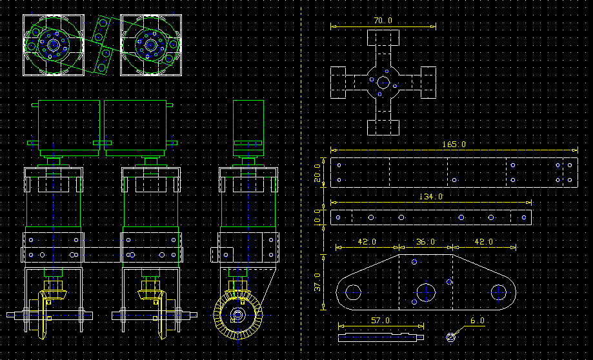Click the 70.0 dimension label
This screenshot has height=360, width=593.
click(383, 21)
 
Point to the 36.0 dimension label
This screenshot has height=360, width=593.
click(425, 242)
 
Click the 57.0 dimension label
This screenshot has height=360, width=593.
click(381, 321)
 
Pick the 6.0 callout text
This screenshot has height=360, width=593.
click(477, 321)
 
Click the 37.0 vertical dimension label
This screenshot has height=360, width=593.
click(317, 282)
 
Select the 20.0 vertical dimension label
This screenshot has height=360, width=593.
click(317, 173)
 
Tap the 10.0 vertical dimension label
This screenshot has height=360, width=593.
click(317, 217)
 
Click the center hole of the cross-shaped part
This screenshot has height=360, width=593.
click(383, 82)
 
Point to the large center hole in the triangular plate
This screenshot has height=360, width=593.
click(426, 292)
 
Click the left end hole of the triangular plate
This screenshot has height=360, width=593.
click(353, 292)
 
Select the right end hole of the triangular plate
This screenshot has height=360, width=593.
click(498, 292)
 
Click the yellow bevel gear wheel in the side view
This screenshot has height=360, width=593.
click(237, 315)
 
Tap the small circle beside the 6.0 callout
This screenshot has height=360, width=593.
click(450, 337)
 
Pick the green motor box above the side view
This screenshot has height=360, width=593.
click(248, 128)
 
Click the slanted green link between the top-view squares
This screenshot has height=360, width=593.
click(102, 45)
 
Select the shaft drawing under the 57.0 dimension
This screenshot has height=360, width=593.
click(381, 337)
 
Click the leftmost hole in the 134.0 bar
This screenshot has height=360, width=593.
click(338, 217)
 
